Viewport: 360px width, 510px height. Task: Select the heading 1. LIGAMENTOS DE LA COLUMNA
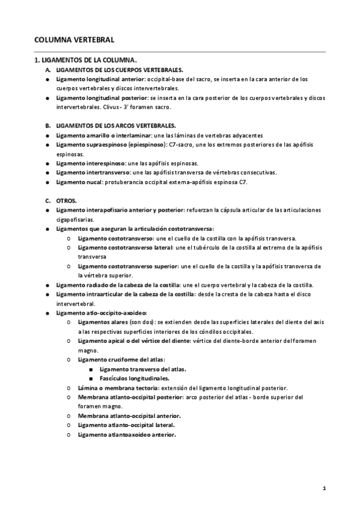click(x=86, y=60)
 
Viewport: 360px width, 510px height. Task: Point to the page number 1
click(x=325, y=488)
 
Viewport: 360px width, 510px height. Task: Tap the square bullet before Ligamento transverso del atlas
click(x=90, y=369)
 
